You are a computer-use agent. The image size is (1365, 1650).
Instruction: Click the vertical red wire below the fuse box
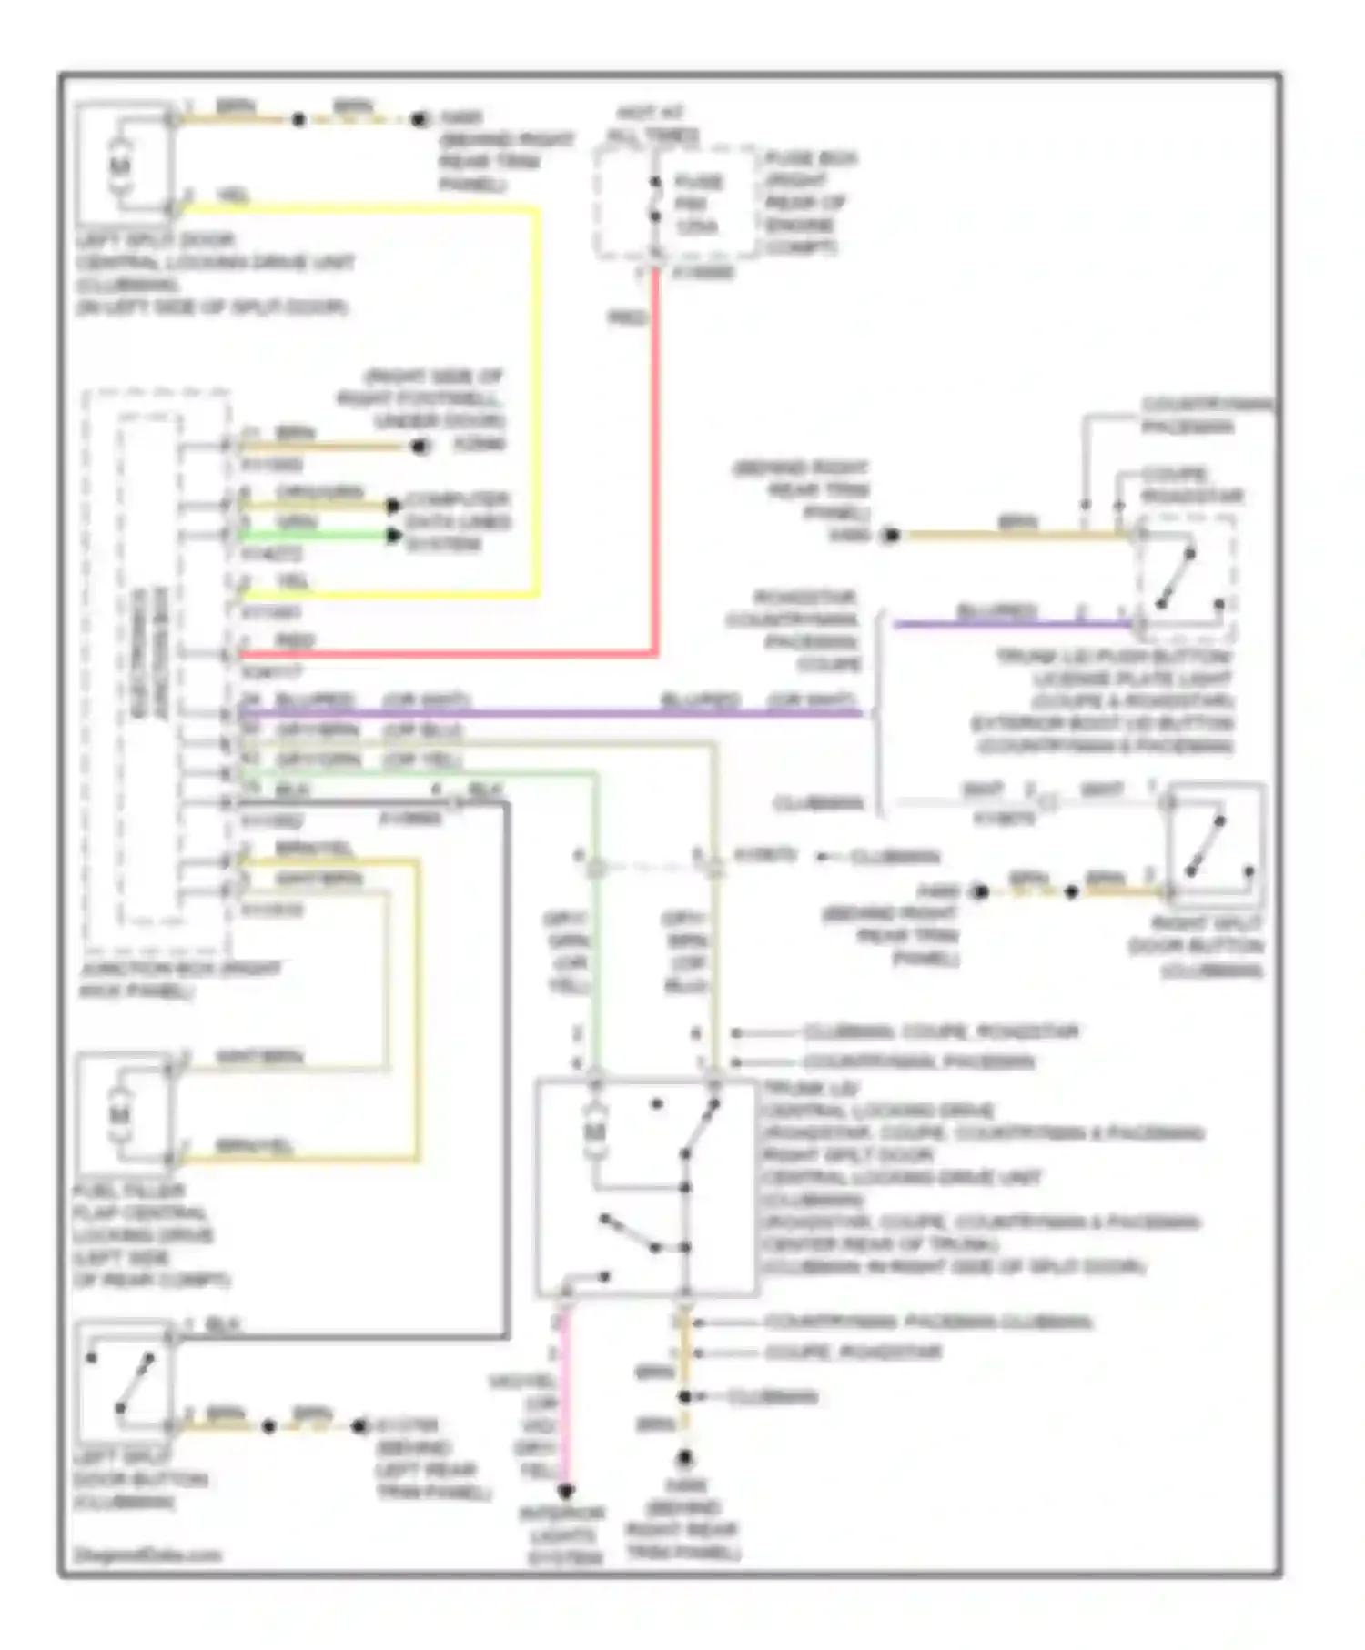click(x=654, y=455)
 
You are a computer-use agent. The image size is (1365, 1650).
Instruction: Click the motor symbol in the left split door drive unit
click(x=120, y=166)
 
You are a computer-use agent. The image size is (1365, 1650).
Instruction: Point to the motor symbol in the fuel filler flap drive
click(x=120, y=1114)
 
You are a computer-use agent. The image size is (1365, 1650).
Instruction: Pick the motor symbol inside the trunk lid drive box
click(x=594, y=1131)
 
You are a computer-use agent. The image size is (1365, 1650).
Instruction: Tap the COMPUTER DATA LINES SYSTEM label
click(x=458, y=522)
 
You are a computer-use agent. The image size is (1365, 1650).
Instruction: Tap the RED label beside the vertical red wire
click(x=627, y=317)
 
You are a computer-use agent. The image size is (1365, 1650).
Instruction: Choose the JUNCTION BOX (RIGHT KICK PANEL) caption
click(x=180, y=980)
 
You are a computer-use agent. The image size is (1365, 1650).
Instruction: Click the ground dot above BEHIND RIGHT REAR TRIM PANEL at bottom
click(x=684, y=1457)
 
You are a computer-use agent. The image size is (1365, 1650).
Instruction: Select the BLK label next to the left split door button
click(x=223, y=1324)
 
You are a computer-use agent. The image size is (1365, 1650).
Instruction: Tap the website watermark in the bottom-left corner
click(x=147, y=1554)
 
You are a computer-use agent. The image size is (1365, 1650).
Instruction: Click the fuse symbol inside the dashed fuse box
click(x=654, y=199)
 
